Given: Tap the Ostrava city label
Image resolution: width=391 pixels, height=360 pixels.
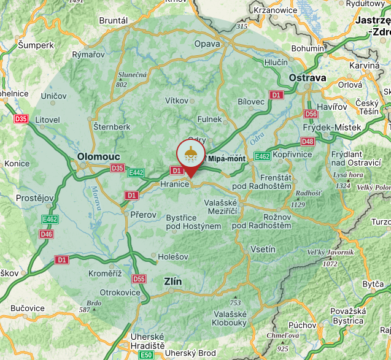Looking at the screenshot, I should (x=308, y=78).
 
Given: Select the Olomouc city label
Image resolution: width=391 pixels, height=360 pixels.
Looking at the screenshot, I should (x=99, y=157).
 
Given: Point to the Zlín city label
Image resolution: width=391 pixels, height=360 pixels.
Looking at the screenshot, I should (x=173, y=281).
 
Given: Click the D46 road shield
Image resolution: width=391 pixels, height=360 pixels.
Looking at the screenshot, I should (x=46, y=234).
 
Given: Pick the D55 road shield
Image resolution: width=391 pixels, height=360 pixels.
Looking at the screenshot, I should (x=139, y=279).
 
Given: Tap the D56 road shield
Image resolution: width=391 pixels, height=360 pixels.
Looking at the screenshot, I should (x=311, y=114).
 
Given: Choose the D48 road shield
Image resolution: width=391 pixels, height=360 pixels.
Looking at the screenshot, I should (x=308, y=142).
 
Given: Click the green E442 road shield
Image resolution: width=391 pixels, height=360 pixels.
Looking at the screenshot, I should (x=136, y=173).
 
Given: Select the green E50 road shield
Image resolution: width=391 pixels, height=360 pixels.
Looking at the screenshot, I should (x=145, y=355).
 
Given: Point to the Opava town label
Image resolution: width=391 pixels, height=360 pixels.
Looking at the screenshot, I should (x=206, y=44).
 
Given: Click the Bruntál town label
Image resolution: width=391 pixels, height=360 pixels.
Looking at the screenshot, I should (x=114, y=20).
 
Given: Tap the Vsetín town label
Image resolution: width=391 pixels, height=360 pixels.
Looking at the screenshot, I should (x=263, y=250).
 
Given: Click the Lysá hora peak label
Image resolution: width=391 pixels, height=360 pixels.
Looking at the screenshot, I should (x=348, y=175).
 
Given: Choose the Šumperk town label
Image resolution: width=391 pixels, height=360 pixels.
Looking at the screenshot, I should (x=36, y=45).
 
